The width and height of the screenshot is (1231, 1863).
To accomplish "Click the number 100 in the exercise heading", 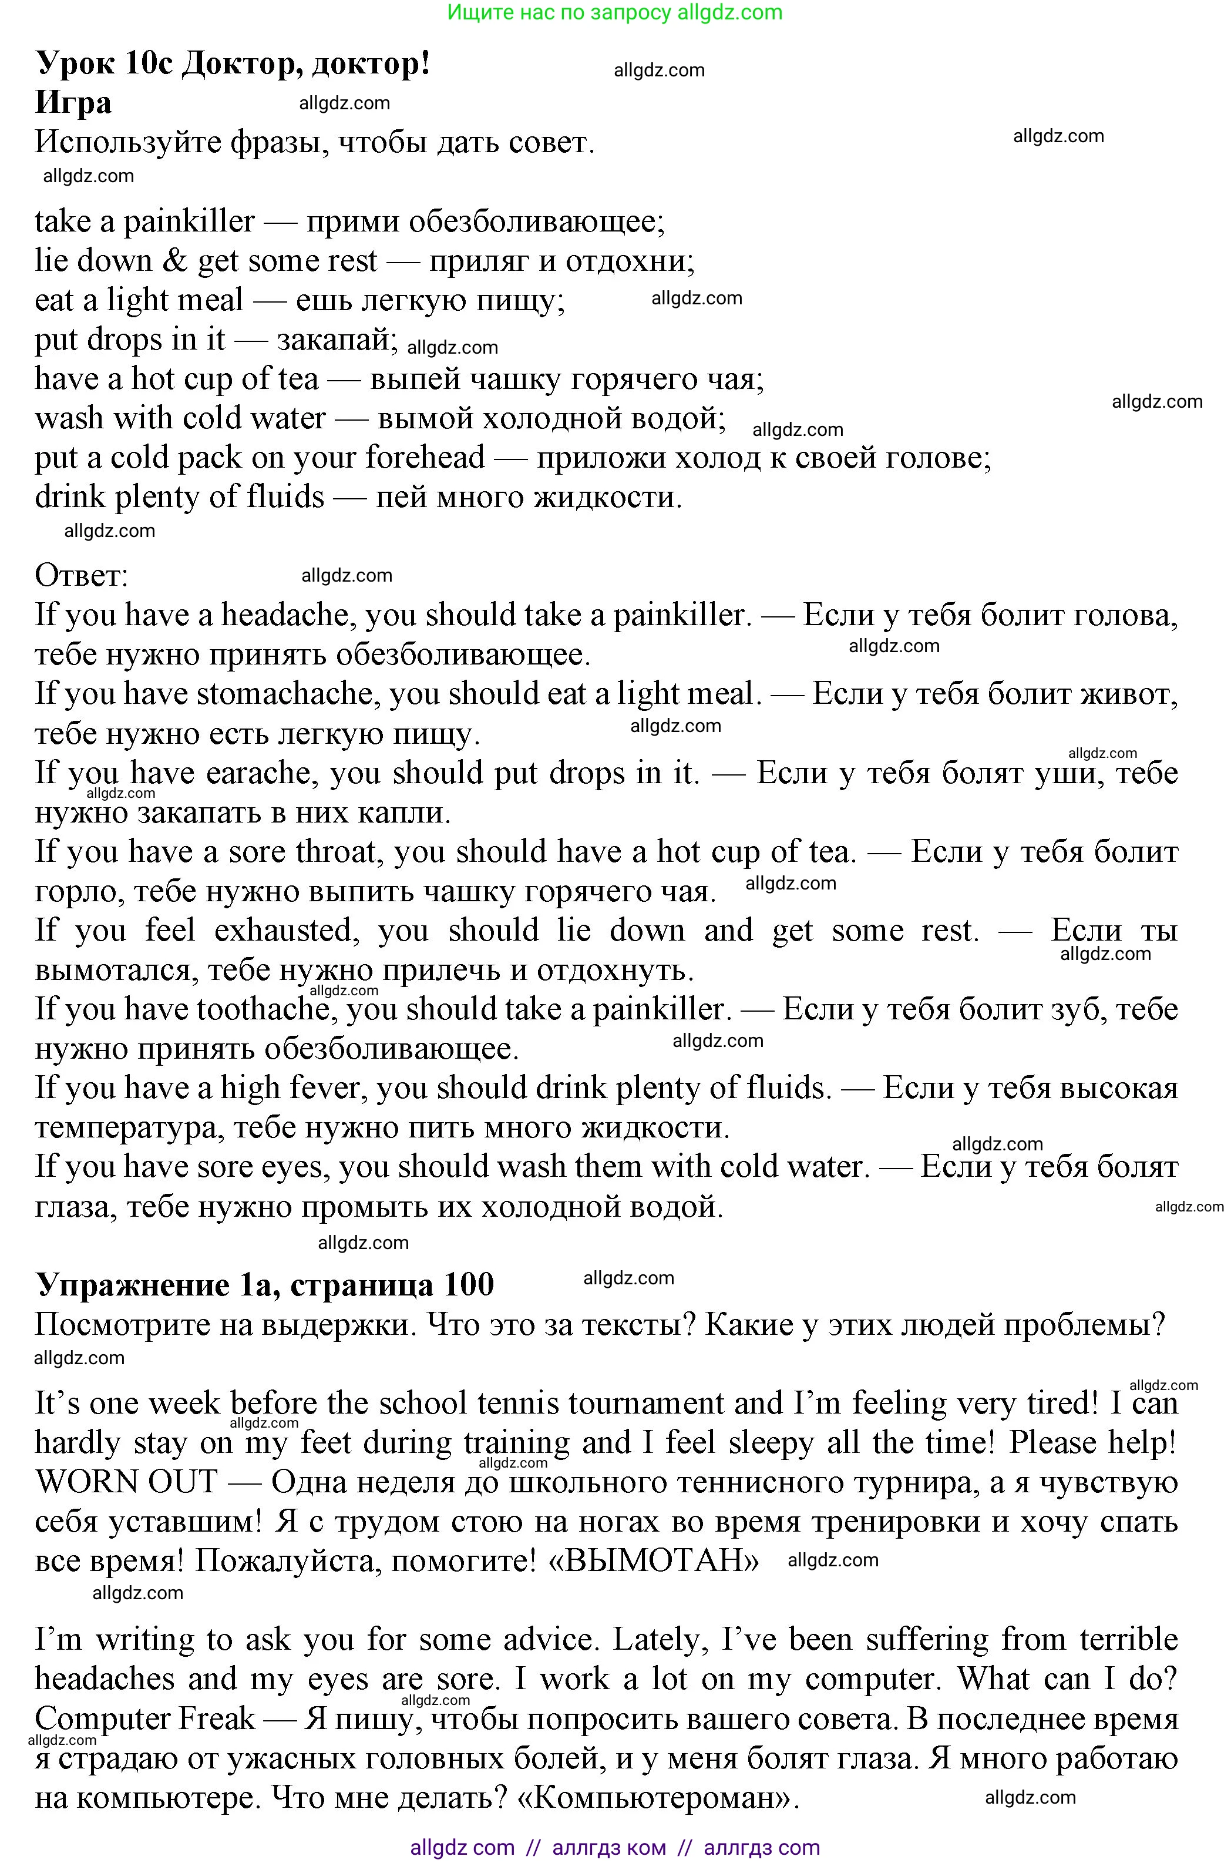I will coord(469,1285).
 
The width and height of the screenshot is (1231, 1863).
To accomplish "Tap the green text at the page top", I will coord(615,12).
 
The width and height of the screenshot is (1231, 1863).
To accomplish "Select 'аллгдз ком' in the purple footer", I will coord(609,1847).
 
